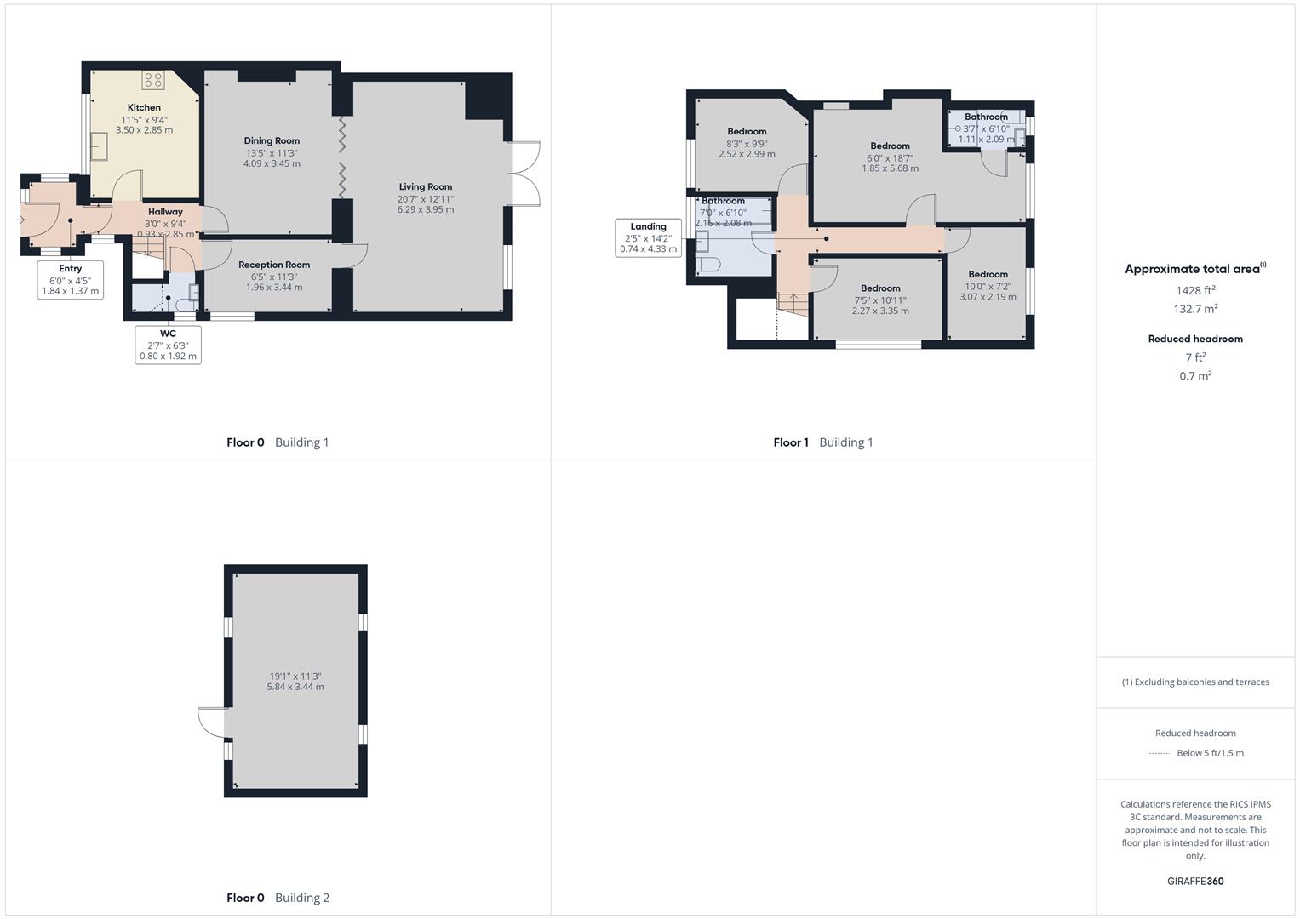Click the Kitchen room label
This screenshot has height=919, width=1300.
[144, 108]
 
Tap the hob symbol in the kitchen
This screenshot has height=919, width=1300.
[153, 80]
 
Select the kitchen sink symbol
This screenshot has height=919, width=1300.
[100, 146]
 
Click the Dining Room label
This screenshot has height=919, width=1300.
[272, 141]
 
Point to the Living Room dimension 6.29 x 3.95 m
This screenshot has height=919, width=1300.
[426, 209]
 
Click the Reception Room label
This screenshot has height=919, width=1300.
[274, 265]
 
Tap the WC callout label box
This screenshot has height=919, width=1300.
[169, 345]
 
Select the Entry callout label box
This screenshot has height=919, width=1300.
[71, 280]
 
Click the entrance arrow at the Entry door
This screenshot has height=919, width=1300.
[20, 220]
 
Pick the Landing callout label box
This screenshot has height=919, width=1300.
[648, 238]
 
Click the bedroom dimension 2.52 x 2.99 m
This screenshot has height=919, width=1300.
[747, 154]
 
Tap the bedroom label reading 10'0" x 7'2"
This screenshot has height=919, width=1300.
[988, 286]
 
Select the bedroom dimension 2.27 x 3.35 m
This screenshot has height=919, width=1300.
[880, 311]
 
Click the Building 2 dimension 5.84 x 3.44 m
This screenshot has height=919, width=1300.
[295, 687]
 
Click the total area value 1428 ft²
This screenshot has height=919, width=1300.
[1195, 290]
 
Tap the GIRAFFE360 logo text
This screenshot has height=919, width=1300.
[1195, 881]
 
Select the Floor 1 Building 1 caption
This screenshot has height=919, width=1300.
[822, 442]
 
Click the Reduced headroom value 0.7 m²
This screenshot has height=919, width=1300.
[1195, 376]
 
